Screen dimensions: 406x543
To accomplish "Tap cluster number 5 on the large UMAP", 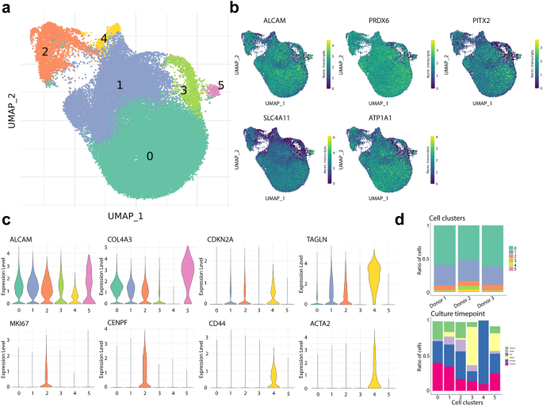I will [221, 85].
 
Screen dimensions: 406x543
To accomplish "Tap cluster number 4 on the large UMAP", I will [103, 39].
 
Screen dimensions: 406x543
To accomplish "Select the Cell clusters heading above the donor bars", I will [447, 217].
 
